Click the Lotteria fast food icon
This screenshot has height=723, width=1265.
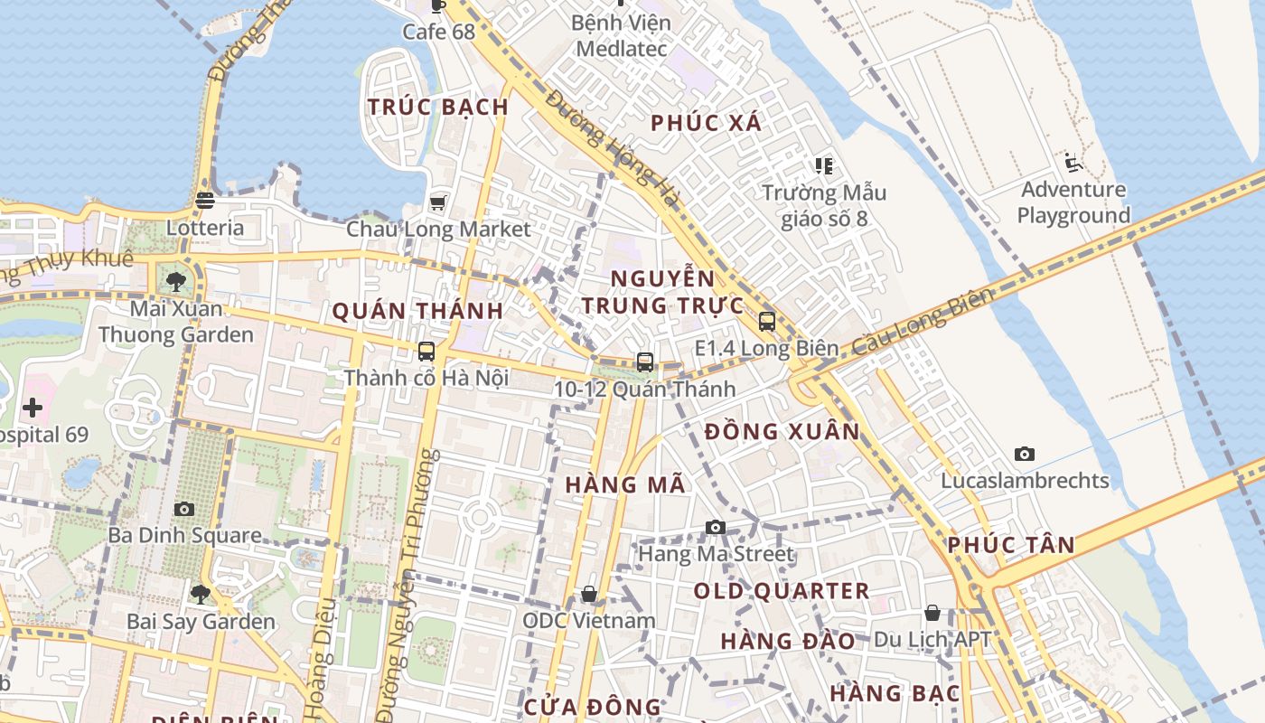point(204,201)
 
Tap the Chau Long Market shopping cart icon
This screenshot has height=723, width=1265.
point(438,202)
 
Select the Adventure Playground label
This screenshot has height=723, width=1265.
point(1073,202)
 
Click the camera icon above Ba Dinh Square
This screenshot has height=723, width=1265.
point(184,510)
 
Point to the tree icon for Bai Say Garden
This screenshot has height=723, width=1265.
point(200,595)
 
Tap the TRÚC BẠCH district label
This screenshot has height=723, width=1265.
point(438,107)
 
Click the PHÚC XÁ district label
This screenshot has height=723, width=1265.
point(707,123)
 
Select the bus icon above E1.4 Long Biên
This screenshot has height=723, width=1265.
point(767,321)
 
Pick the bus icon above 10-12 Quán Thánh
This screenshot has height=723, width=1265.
point(645,362)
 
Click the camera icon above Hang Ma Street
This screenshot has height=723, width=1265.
point(716,527)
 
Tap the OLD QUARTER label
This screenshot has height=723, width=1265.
point(782,591)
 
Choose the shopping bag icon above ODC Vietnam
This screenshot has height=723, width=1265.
point(589,594)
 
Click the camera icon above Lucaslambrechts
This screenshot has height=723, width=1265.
point(1024,454)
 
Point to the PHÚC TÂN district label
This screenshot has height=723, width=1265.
point(1011,545)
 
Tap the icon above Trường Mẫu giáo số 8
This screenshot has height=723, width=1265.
point(823,165)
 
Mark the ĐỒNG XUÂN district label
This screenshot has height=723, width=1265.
point(782,432)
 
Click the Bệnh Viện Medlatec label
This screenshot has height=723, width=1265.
point(622,35)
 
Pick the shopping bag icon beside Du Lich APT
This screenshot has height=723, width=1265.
point(932,614)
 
